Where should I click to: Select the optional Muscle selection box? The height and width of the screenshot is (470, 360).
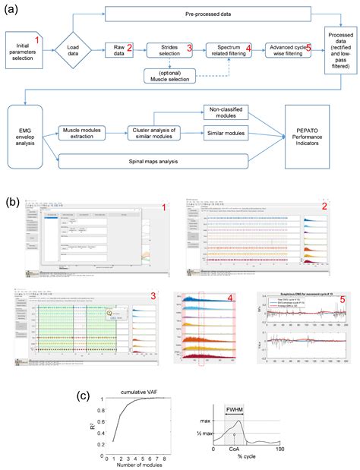170,77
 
